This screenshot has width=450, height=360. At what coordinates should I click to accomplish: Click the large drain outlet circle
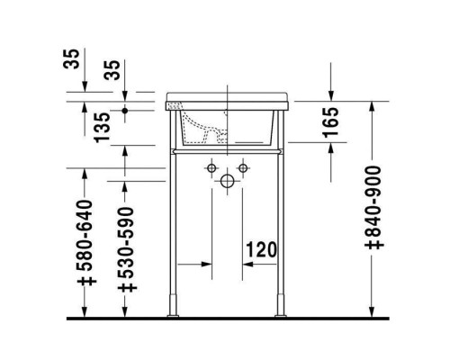point(226,180)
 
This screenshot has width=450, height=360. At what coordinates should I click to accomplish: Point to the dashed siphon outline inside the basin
point(212,131)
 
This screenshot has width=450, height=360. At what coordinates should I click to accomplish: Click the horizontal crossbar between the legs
point(226,152)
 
